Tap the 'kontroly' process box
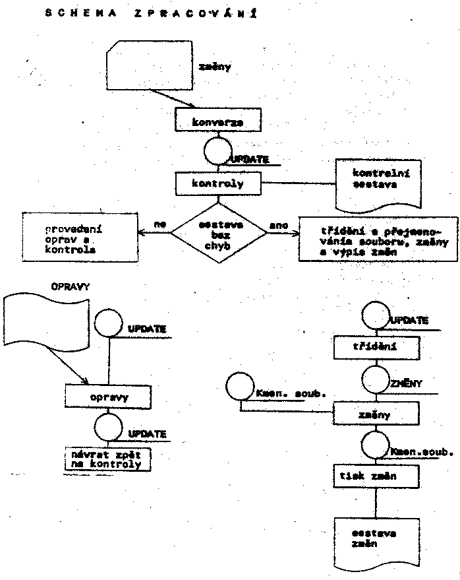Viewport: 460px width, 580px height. tap(217, 183)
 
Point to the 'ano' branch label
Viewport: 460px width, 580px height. tap(279, 225)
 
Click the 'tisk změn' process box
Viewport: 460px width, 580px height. tap(374, 476)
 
